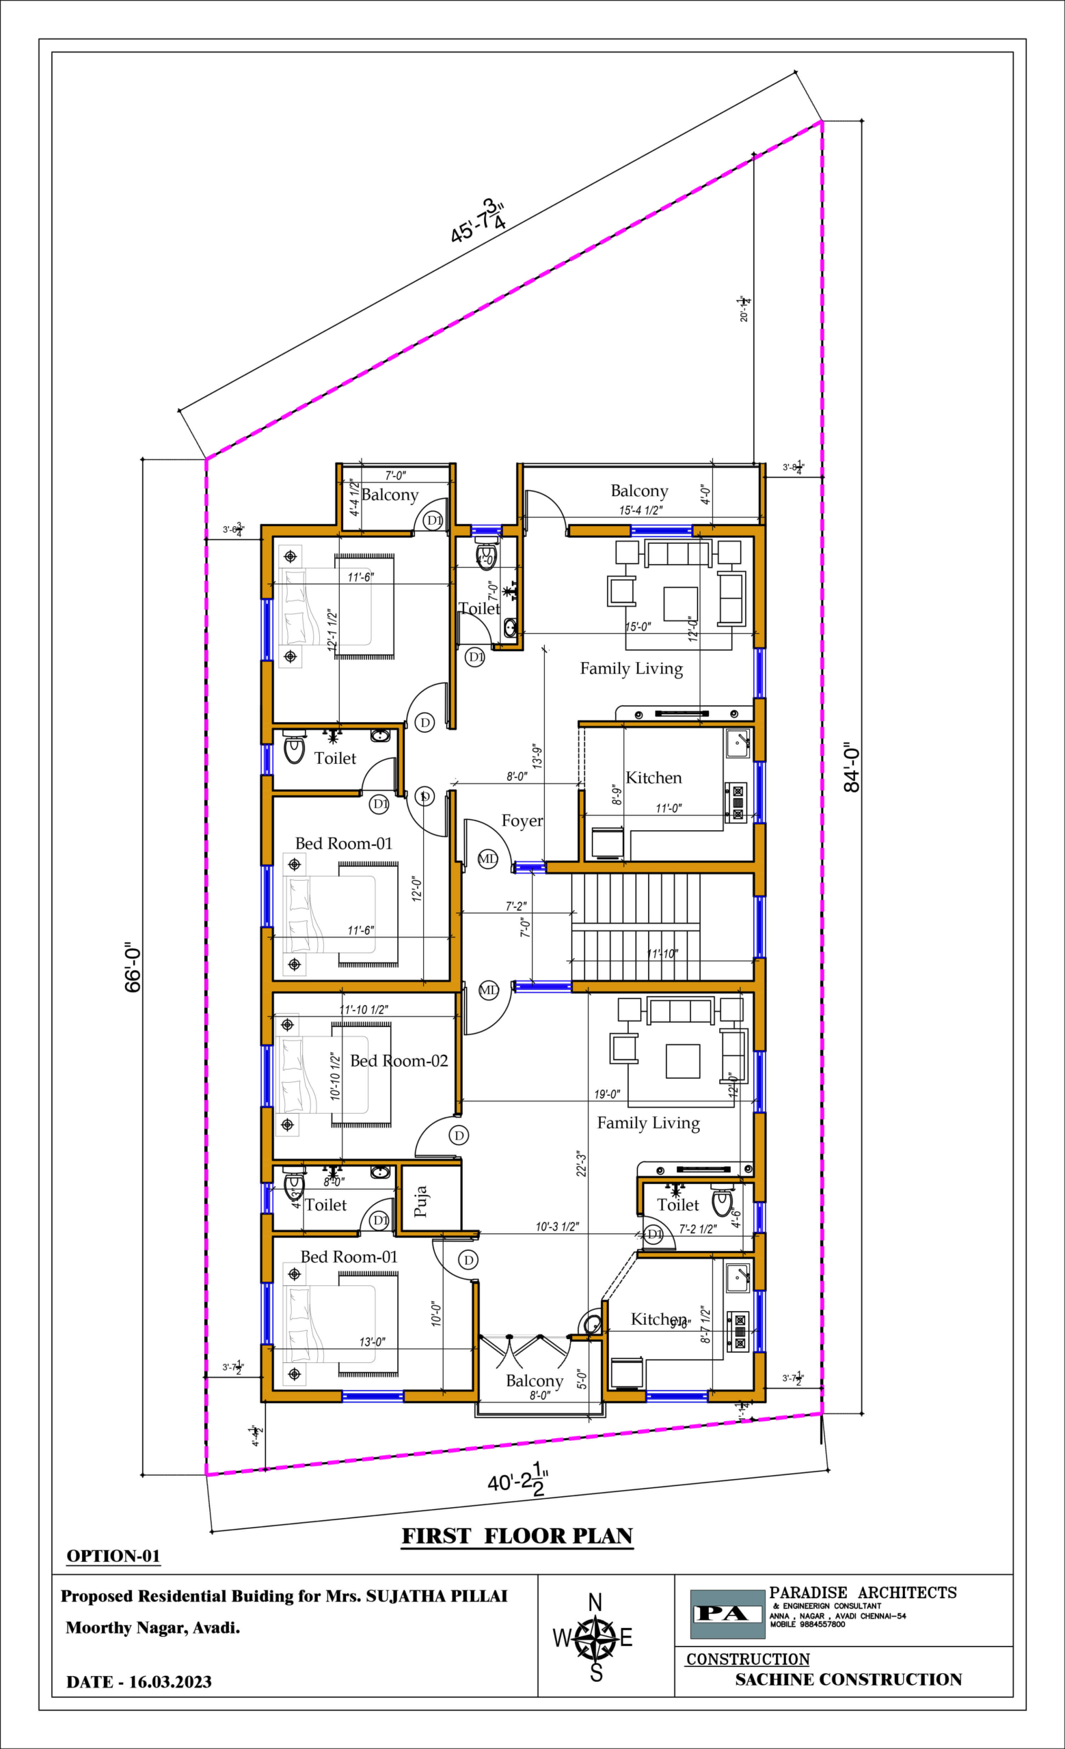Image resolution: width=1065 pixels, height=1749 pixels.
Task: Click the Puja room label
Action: tap(420, 1201)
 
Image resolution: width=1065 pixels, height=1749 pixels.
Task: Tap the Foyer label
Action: tap(522, 821)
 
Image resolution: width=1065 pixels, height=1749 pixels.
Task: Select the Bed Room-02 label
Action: tap(399, 1060)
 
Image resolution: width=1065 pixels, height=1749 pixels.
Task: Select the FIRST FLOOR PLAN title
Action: tap(517, 1537)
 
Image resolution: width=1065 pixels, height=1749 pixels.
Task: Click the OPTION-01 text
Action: tap(113, 1556)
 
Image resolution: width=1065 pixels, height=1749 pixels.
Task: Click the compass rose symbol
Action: tap(595, 1638)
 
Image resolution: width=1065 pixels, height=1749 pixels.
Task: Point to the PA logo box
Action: tap(727, 1614)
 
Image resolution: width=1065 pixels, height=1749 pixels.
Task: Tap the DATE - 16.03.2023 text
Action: tap(139, 1681)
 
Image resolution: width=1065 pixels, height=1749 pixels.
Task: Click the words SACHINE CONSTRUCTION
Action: tap(848, 1679)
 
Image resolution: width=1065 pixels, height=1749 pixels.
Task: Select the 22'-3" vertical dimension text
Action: tap(581, 1164)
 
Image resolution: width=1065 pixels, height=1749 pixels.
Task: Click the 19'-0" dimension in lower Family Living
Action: tap(607, 1094)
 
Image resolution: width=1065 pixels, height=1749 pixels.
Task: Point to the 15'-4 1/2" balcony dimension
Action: tap(641, 510)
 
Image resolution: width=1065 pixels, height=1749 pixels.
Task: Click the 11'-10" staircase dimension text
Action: tap(662, 953)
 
